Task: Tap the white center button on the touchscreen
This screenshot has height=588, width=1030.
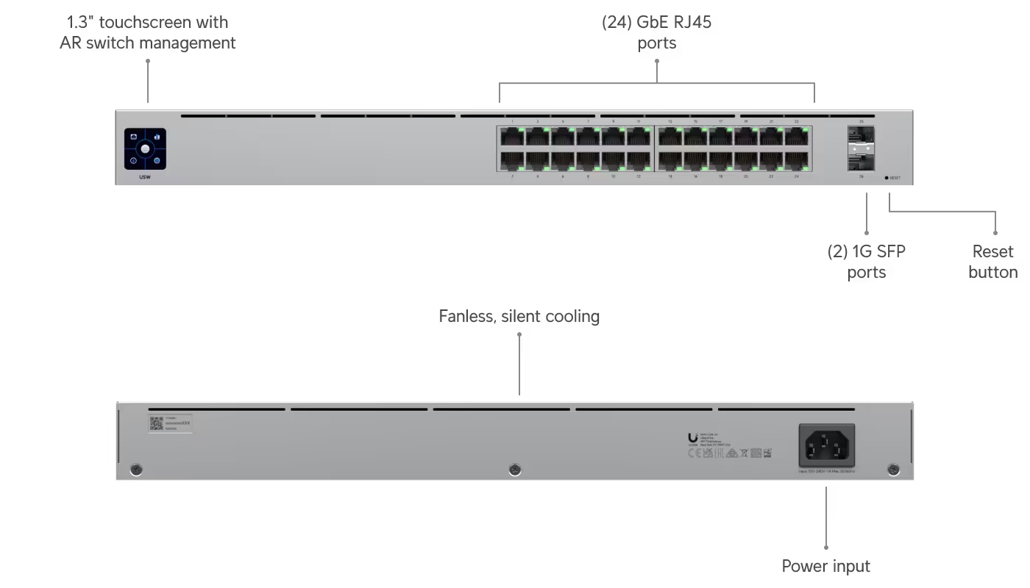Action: (145, 148)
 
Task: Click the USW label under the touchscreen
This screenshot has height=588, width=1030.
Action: (145, 178)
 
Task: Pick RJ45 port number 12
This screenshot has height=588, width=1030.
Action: (638, 160)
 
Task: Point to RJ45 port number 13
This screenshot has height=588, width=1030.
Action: (670, 137)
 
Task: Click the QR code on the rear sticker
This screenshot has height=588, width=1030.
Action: (156, 423)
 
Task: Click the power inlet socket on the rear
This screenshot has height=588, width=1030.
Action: (827, 445)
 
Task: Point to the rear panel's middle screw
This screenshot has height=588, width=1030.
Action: (515, 469)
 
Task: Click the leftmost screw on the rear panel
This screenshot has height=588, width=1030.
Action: (135, 469)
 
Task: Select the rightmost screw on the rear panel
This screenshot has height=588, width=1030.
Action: (894, 469)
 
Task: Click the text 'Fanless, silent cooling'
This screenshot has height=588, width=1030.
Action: (519, 317)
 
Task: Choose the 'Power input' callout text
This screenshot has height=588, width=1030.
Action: (825, 567)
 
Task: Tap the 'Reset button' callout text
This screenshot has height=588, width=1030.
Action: (992, 262)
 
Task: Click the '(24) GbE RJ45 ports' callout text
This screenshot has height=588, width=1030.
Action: (657, 33)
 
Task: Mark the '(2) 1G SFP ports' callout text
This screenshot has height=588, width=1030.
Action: (866, 262)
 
